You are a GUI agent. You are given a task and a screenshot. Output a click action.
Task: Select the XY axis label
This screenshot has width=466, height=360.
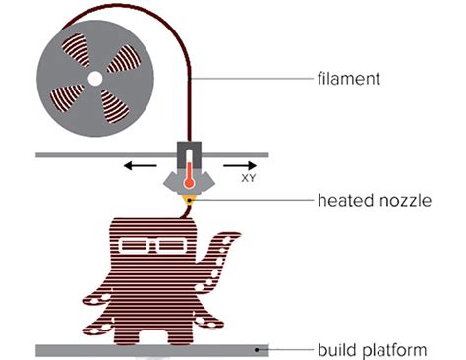point(250,180)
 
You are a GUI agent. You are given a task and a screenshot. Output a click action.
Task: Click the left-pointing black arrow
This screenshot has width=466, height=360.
point(141,166)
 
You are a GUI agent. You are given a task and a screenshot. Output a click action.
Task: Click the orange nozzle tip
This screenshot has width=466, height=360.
point(187,201)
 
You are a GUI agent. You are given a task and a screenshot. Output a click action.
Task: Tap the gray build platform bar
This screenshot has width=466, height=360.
point(147,349)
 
